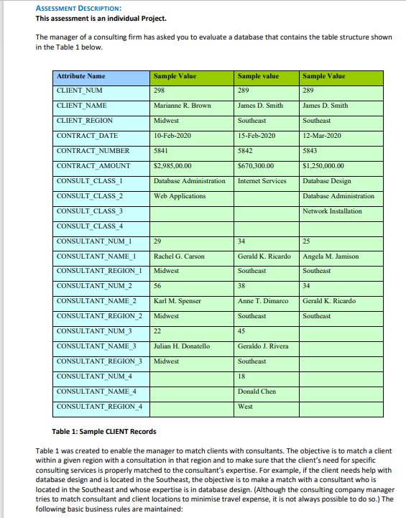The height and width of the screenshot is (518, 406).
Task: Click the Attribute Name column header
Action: click(x=80, y=76)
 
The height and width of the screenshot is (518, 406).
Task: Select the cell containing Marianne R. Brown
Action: click(x=183, y=106)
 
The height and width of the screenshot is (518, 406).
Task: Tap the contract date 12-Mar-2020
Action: click(x=320, y=136)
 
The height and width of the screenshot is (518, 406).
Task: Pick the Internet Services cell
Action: click(x=262, y=181)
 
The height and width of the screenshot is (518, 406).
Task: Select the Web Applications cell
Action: click(x=180, y=196)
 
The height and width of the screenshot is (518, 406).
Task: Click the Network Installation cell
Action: click(x=332, y=211)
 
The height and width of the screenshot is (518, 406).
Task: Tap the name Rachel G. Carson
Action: click(x=180, y=256)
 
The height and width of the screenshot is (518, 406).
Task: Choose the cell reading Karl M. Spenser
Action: click(x=177, y=301)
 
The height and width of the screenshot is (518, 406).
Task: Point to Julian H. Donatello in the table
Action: click(x=182, y=346)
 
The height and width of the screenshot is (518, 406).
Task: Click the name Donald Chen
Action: click(x=257, y=392)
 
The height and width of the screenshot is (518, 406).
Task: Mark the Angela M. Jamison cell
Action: click(x=331, y=256)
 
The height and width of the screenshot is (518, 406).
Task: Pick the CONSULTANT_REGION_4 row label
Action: click(x=98, y=407)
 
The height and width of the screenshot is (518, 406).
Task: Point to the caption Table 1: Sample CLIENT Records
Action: click(x=104, y=431)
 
